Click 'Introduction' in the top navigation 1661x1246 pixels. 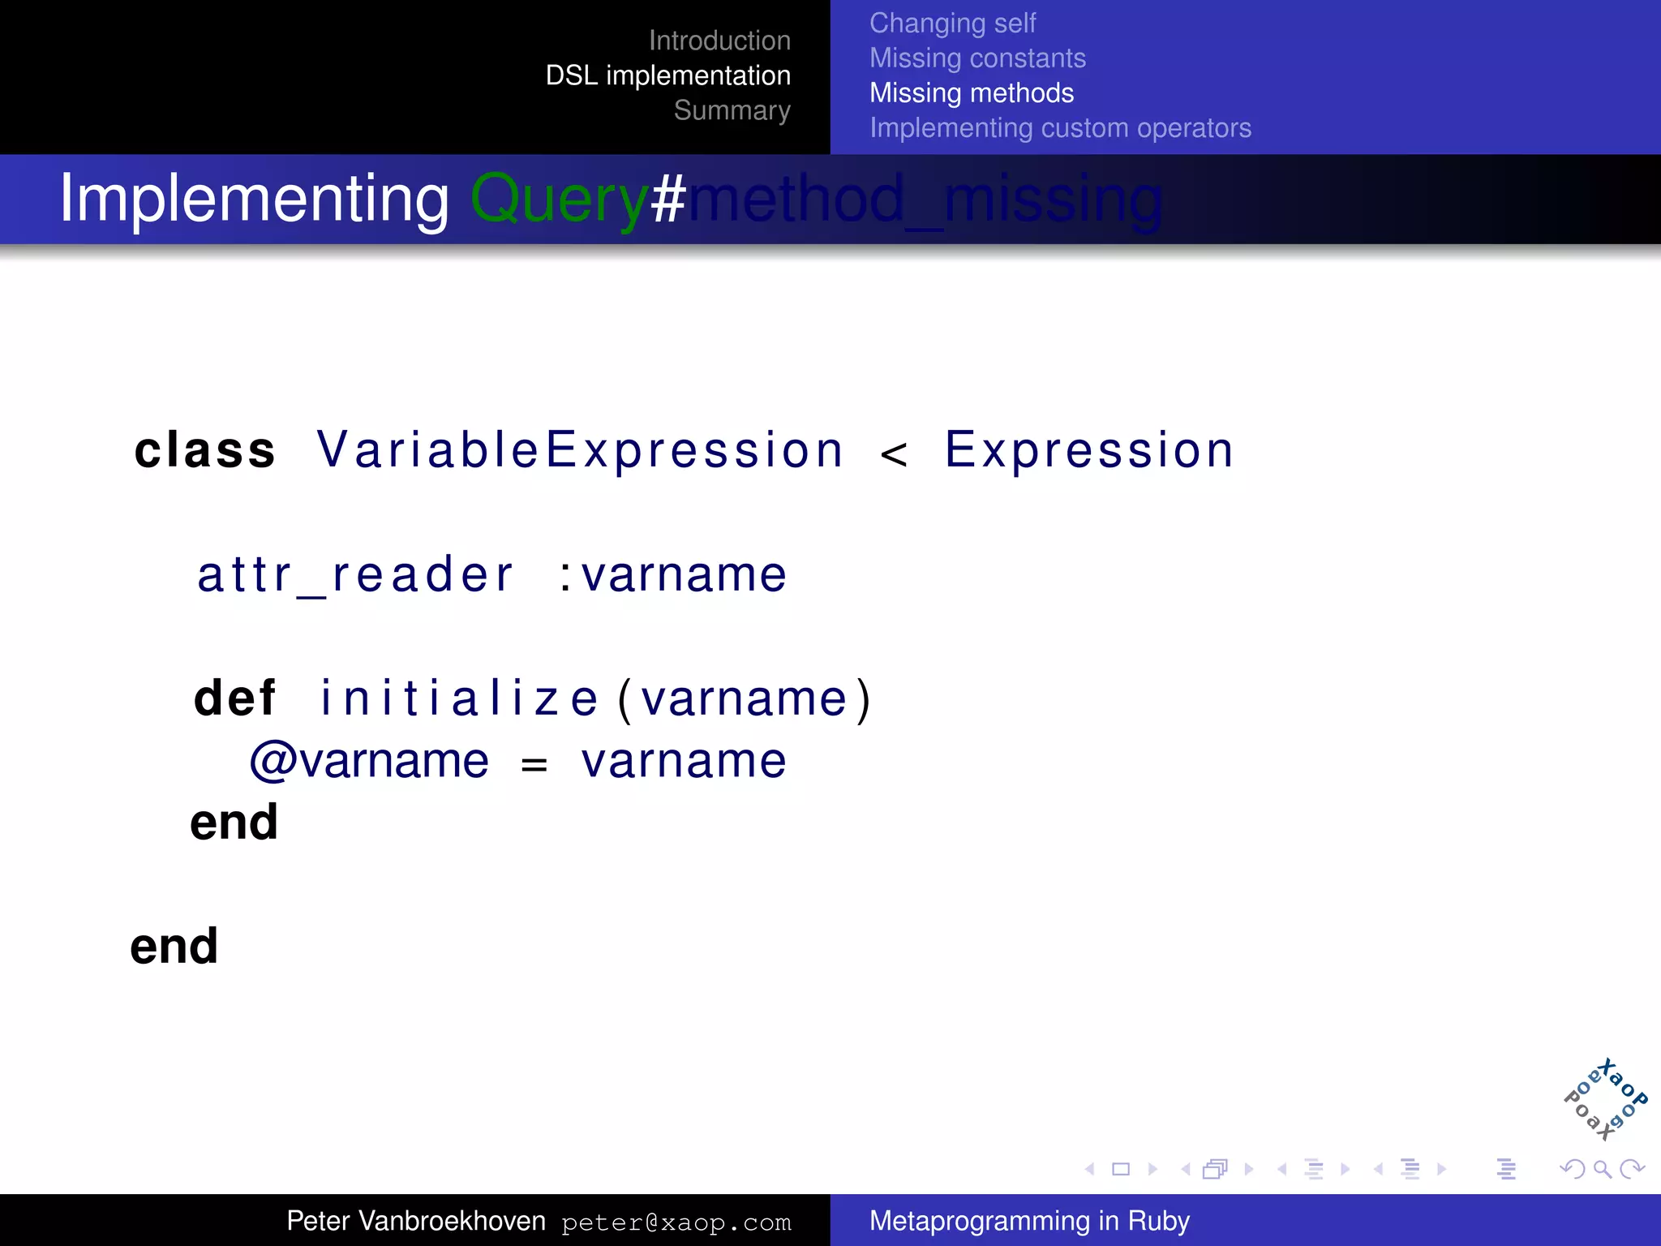click(x=719, y=41)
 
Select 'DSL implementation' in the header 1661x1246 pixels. click(x=667, y=75)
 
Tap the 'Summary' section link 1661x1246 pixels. click(x=732, y=110)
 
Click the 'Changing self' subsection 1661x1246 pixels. click(x=952, y=24)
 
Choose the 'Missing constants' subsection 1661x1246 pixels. click(x=977, y=58)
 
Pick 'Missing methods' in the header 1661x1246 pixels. click(x=971, y=93)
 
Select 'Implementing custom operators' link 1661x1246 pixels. click(x=1060, y=128)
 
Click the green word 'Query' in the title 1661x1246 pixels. click(x=559, y=200)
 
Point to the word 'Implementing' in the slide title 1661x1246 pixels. click(x=254, y=200)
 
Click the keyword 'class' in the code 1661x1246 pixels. click(x=205, y=450)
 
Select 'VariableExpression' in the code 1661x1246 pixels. click(x=580, y=450)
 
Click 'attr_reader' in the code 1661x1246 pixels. click(x=355, y=575)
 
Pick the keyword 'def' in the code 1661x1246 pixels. click(x=235, y=698)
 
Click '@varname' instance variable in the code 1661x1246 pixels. click(x=369, y=761)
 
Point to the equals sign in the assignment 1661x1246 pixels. click(x=534, y=764)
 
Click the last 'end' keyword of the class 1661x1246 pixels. click(x=174, y=946)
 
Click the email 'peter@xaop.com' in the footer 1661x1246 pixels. click(x=676, y=1222)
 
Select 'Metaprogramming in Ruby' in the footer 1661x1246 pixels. click(x=1029, y=1221)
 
